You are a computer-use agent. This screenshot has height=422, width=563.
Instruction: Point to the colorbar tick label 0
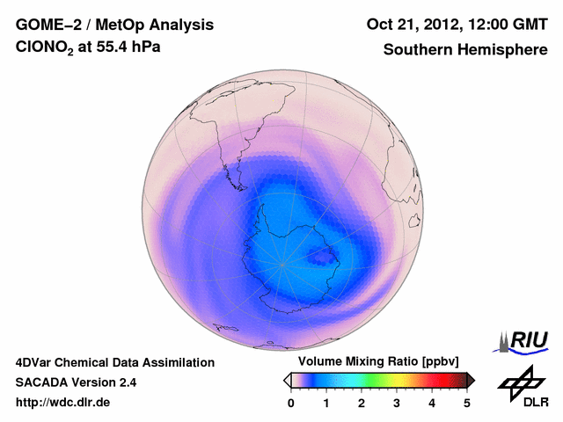point(291,403)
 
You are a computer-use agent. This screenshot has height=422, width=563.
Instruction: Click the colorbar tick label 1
point(326,403)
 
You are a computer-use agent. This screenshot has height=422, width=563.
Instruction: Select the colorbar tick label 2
point(362,403)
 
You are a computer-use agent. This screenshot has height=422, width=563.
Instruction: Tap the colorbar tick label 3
point(397,403)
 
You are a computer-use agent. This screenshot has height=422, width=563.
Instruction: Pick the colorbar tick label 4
point(432,403)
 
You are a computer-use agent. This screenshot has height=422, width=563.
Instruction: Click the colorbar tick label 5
point(467,403)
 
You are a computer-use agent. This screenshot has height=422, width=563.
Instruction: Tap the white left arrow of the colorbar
point(287,380)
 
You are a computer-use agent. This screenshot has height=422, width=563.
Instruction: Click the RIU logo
point(524,341)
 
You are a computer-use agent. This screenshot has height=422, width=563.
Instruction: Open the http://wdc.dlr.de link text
point(63,403)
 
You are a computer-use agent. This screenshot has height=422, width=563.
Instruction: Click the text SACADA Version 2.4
point(76,382)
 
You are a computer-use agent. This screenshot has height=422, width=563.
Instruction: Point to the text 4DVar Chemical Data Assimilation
point(115,362)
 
